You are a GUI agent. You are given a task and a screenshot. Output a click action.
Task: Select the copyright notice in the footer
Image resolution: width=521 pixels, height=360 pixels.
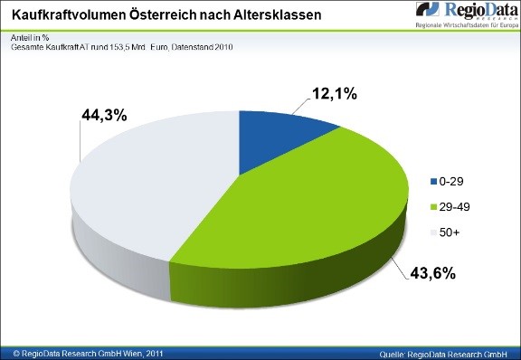(81, 350)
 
